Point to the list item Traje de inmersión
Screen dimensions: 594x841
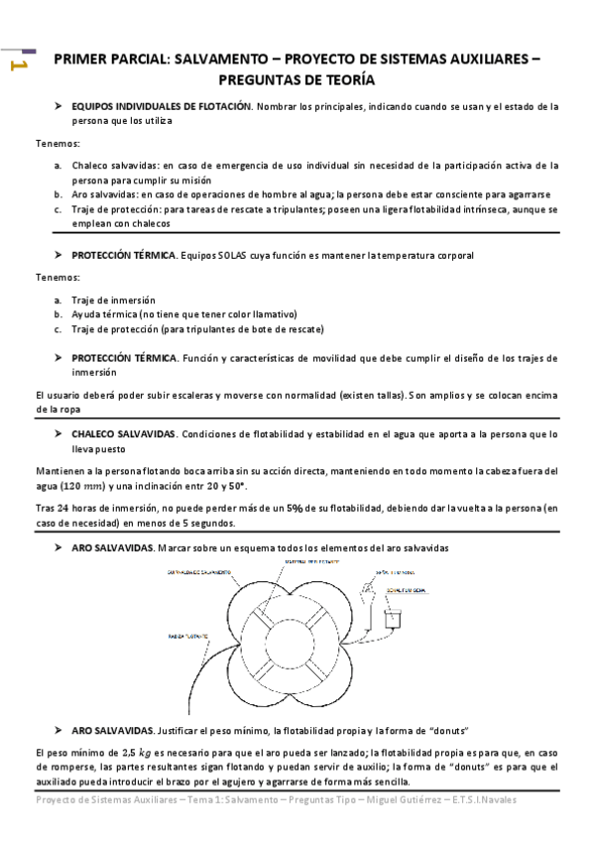pos(112,300)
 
